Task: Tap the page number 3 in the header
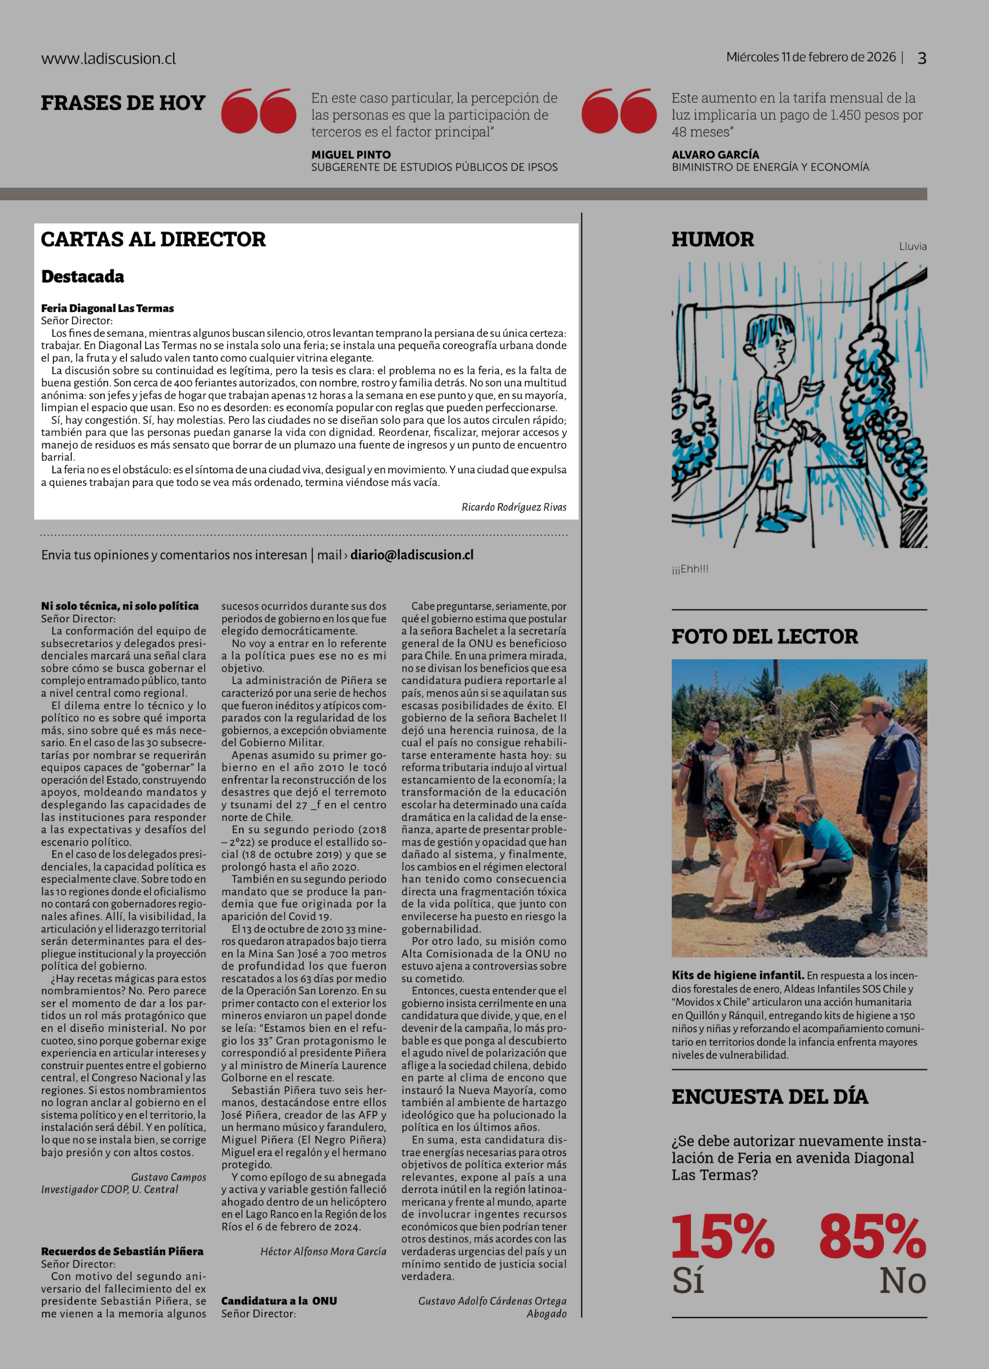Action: [x=921, y=58]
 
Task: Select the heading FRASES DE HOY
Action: [x=123, y=103]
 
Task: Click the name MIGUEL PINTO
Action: [x=351, y=154]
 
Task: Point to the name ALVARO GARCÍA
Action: [x=715, y=154]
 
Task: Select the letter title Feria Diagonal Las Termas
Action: [x=107, y=308]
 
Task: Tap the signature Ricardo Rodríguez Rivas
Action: [x=514, y=507]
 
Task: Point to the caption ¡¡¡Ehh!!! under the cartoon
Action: [x=689, y=569]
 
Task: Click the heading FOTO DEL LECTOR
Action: [x=764, y=636]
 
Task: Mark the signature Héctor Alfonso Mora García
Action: [x=323, y=1251]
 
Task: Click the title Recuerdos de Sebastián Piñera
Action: [x=122, y=1251]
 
